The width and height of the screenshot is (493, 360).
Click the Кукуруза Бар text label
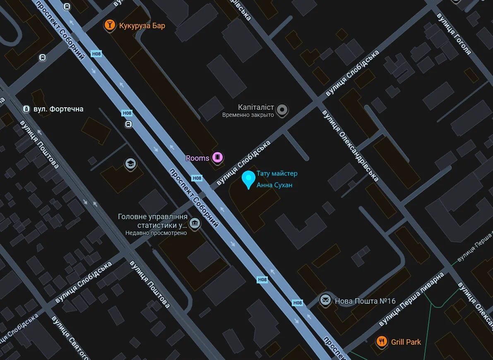[x=142, y=26]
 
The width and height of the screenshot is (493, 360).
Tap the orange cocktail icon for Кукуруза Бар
[x=110, y=25]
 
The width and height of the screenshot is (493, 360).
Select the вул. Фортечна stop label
[x=58, y=109]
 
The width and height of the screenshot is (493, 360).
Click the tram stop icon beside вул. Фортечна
[x=26, y=109]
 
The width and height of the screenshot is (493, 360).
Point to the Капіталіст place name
[x=256, y=107]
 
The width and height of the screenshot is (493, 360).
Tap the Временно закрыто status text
[x=248, y=115]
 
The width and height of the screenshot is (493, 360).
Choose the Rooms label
[x=197, y=158]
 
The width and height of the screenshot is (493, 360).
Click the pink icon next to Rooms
[x=217, y=157]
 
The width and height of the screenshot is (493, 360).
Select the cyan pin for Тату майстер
[x=248, y=179]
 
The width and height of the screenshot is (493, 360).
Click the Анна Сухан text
[x=274, y=185]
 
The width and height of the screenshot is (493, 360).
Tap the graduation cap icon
[x=131, y=164]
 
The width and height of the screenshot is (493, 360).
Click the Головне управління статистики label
[x=153, y=221]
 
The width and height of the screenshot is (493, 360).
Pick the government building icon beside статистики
[x=194, y=224]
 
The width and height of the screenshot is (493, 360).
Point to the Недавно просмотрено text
[x=156, y=233]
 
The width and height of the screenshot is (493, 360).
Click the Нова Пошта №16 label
[x=365, y=301]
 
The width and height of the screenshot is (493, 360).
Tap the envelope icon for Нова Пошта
[x=325, y=300]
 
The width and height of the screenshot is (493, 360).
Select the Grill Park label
[x=406, y=342]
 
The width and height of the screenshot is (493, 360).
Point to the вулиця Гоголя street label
[x=454, y=34]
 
